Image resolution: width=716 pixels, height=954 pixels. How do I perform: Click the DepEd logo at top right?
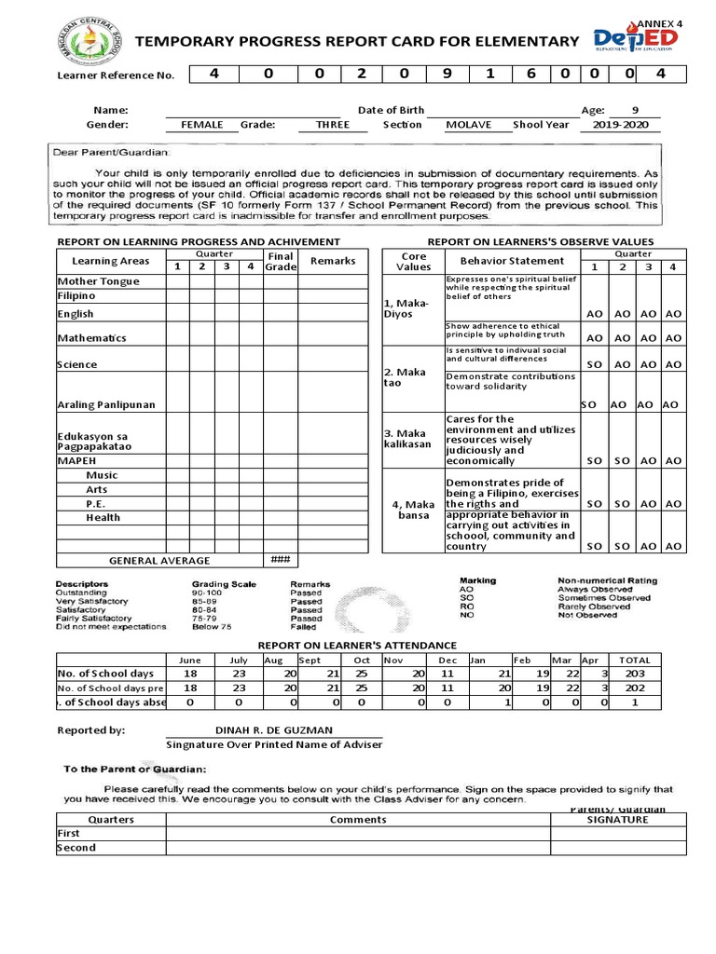636,41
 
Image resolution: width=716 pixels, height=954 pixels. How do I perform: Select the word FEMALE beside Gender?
202,125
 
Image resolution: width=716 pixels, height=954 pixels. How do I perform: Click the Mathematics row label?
91,338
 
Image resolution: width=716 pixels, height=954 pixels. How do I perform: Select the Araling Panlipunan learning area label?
106,405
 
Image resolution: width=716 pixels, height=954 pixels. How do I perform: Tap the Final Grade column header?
280,262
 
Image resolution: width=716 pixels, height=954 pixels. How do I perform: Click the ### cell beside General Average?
280,560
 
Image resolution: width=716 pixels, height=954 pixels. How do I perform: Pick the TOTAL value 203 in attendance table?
635,674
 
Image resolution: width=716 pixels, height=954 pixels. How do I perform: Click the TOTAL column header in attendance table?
635,659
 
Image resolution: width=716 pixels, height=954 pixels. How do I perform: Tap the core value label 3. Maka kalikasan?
408,439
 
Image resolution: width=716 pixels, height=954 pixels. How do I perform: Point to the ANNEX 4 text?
663,21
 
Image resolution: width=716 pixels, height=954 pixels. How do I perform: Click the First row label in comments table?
70,834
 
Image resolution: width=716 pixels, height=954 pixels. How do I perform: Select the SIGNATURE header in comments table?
617,820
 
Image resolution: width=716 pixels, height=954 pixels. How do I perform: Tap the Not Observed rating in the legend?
587,615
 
